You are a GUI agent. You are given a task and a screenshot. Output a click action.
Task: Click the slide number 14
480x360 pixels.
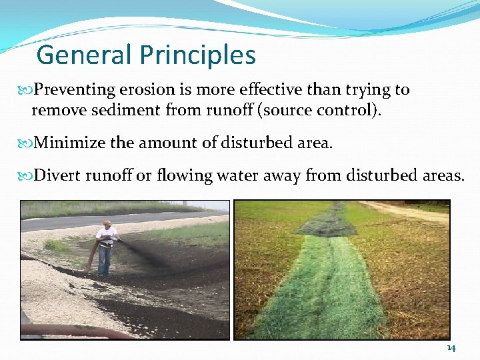click(x=451, y=349)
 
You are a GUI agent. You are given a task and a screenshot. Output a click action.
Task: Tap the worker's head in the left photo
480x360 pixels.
click(x=107, y=224)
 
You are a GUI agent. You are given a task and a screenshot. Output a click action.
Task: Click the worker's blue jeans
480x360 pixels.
click(x=105, y=259)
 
